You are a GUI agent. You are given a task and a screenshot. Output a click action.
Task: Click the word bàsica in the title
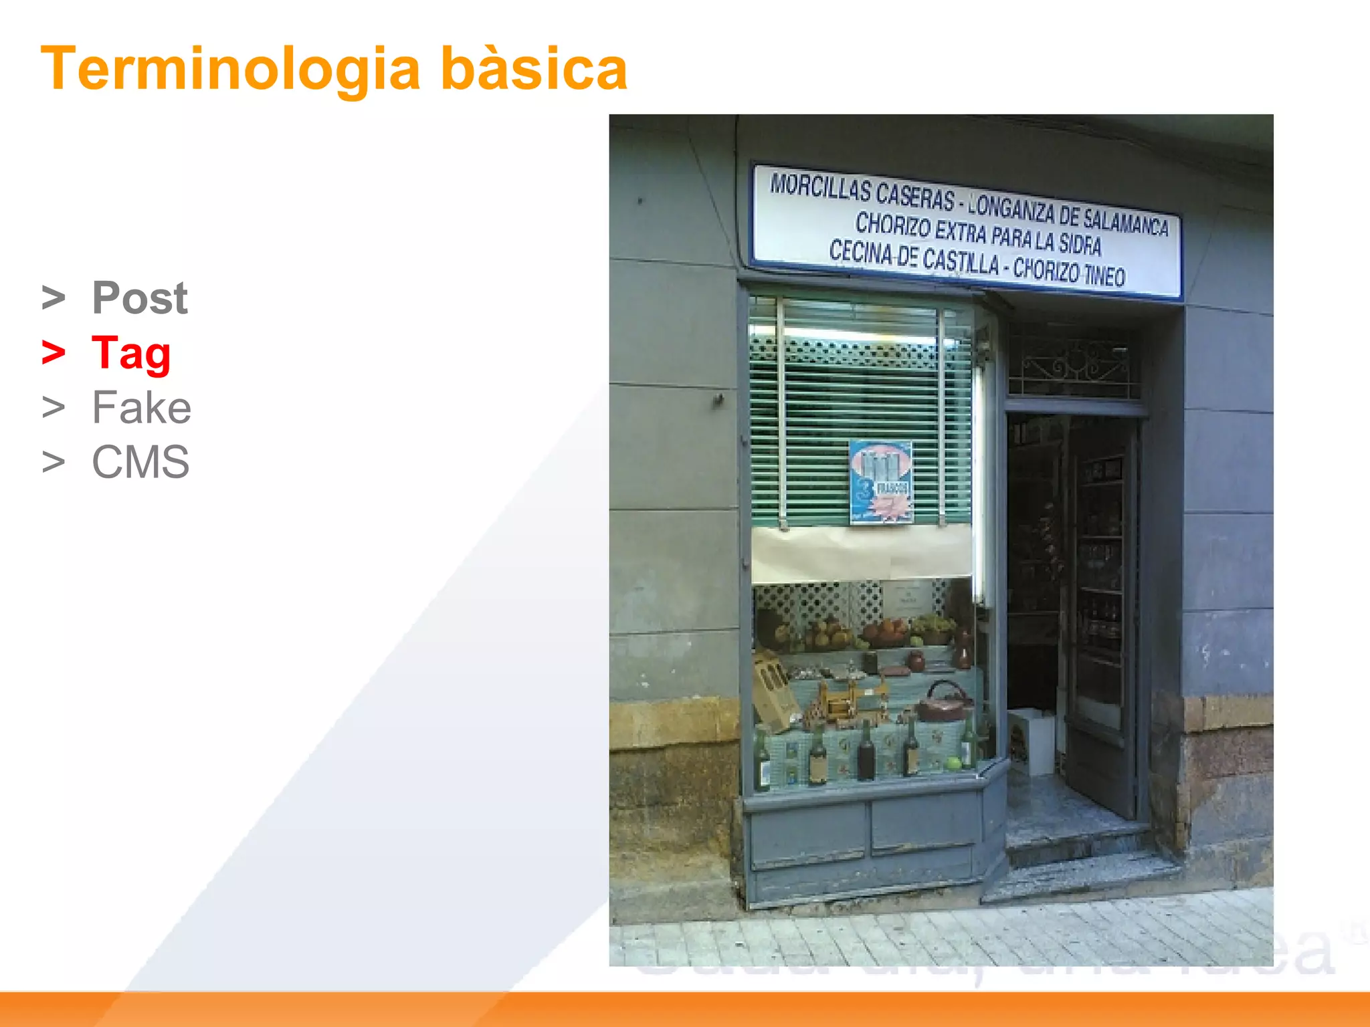point(534,69)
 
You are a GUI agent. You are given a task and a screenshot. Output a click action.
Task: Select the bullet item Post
point(139,298)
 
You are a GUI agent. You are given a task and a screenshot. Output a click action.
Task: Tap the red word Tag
point(131,353)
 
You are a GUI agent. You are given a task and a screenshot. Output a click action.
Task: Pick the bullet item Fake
point(141,407)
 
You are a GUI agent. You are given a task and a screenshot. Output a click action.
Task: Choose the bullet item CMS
point(140,462)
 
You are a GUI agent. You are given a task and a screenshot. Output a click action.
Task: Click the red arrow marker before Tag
point(54,352)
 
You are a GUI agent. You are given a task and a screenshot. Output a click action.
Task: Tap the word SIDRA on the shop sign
point(1079,244)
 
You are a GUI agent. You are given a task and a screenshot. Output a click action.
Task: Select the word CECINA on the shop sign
point(860,253)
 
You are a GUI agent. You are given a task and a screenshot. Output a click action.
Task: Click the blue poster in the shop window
point(880,481)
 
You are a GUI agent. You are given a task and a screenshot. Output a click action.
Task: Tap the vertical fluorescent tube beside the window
point(979,481)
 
